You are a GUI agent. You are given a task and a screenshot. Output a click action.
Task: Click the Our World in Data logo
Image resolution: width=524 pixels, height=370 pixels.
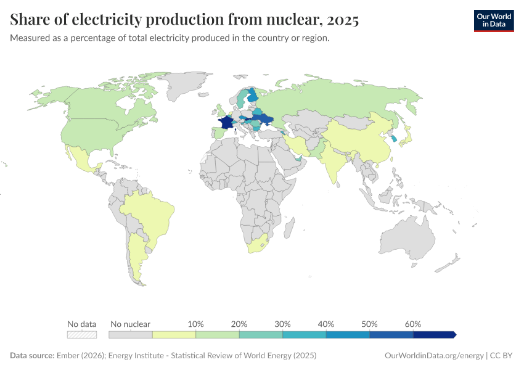493,20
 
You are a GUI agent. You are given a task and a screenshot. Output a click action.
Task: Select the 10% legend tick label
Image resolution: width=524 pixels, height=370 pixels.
195,324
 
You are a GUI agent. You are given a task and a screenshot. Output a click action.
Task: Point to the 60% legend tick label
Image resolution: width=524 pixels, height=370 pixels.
413,324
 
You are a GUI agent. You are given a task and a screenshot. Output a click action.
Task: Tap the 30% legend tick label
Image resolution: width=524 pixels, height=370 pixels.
282,324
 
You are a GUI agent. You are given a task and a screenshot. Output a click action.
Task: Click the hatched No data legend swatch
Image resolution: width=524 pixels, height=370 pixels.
82,334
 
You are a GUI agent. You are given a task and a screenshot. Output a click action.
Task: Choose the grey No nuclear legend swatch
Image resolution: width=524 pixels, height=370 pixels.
130,334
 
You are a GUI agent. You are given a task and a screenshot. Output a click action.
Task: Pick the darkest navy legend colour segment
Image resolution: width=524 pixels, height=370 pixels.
433,334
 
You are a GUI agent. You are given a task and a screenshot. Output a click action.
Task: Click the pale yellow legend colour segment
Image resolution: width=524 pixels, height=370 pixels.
174,334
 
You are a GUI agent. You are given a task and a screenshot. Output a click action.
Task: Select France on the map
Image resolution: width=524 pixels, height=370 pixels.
226,123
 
